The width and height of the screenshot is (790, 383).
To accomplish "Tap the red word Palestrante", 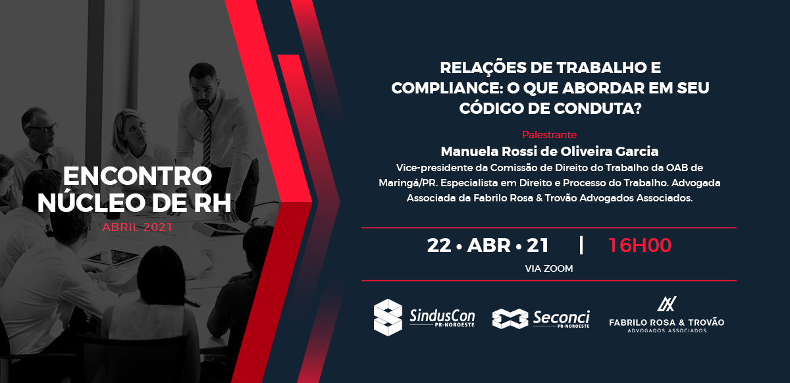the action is pyautogui.click(x=549, y=135).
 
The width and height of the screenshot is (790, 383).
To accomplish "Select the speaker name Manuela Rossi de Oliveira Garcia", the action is pyautogui.click(x=550, y=151).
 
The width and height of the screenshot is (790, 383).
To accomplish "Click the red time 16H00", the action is pyautogui.click(x=640, y=245).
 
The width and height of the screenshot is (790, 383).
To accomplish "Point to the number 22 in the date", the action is pyautogui.click(x=439, y=245).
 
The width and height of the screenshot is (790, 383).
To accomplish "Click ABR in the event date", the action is pyautogui.click(x=488, y=245).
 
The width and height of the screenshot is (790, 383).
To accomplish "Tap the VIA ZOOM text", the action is pyautogui.click(x=549, y=268).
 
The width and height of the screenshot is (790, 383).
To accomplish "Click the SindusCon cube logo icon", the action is pyautogui.click(x=388, y=317).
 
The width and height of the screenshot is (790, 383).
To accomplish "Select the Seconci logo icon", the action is pyautogui.click(x=510, y=319).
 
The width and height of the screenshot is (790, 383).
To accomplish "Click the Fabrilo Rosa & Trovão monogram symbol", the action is pyautogui.click(x=666, y=304).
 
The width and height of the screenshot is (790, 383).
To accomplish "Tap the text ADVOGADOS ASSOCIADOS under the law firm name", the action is pyautogui.click(x=666, y=331).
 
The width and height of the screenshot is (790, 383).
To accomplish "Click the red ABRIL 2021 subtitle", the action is pyautogui.click(x=137, y=228).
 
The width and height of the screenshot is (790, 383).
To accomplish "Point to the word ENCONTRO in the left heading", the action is pyautogui.click(x=138, y=176).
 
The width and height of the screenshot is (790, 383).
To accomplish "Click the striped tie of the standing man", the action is pyautogui.click(x=207, y=148).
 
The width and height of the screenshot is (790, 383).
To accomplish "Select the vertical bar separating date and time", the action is pyautogui.click(x=581, y=245).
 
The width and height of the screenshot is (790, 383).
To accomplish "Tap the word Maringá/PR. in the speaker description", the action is pyautogui.click(x=408, y=184).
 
